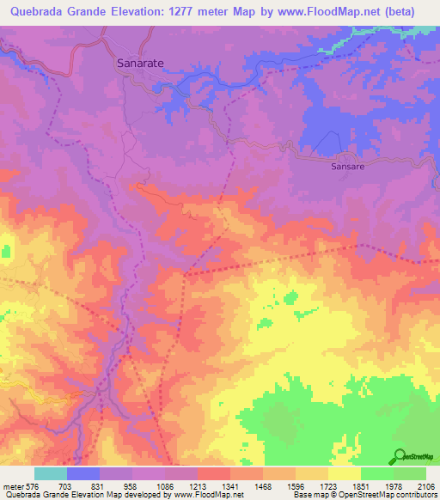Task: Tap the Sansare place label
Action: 349,167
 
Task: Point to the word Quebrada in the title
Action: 37,12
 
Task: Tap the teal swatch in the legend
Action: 51,473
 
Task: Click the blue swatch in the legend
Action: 83,473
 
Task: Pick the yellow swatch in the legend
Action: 345,473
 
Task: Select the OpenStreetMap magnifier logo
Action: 400,456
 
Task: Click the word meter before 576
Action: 13,485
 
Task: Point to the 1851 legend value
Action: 361,485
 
